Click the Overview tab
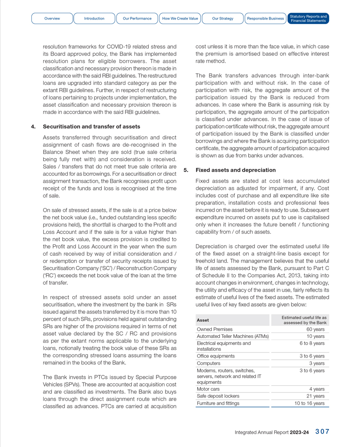tap(52, 19)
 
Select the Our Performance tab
tap(137, 19)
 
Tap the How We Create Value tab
tap(180, 19)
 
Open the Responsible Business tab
tap(265, 19)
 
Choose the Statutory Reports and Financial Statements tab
tap(308, 19)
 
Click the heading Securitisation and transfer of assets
tap(91, 126)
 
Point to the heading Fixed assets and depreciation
tap(235, 170)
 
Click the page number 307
tap(322, 432)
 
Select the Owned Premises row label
tap(215, 329)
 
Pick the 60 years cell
tap(315, 329)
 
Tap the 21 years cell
tap(315, 396)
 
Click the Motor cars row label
tap(208, 389)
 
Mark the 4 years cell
tap(317, 389)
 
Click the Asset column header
tap(203, 320)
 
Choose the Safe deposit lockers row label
tap(218, 396)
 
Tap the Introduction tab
tap(94, 19)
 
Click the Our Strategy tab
tap(223, 19)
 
